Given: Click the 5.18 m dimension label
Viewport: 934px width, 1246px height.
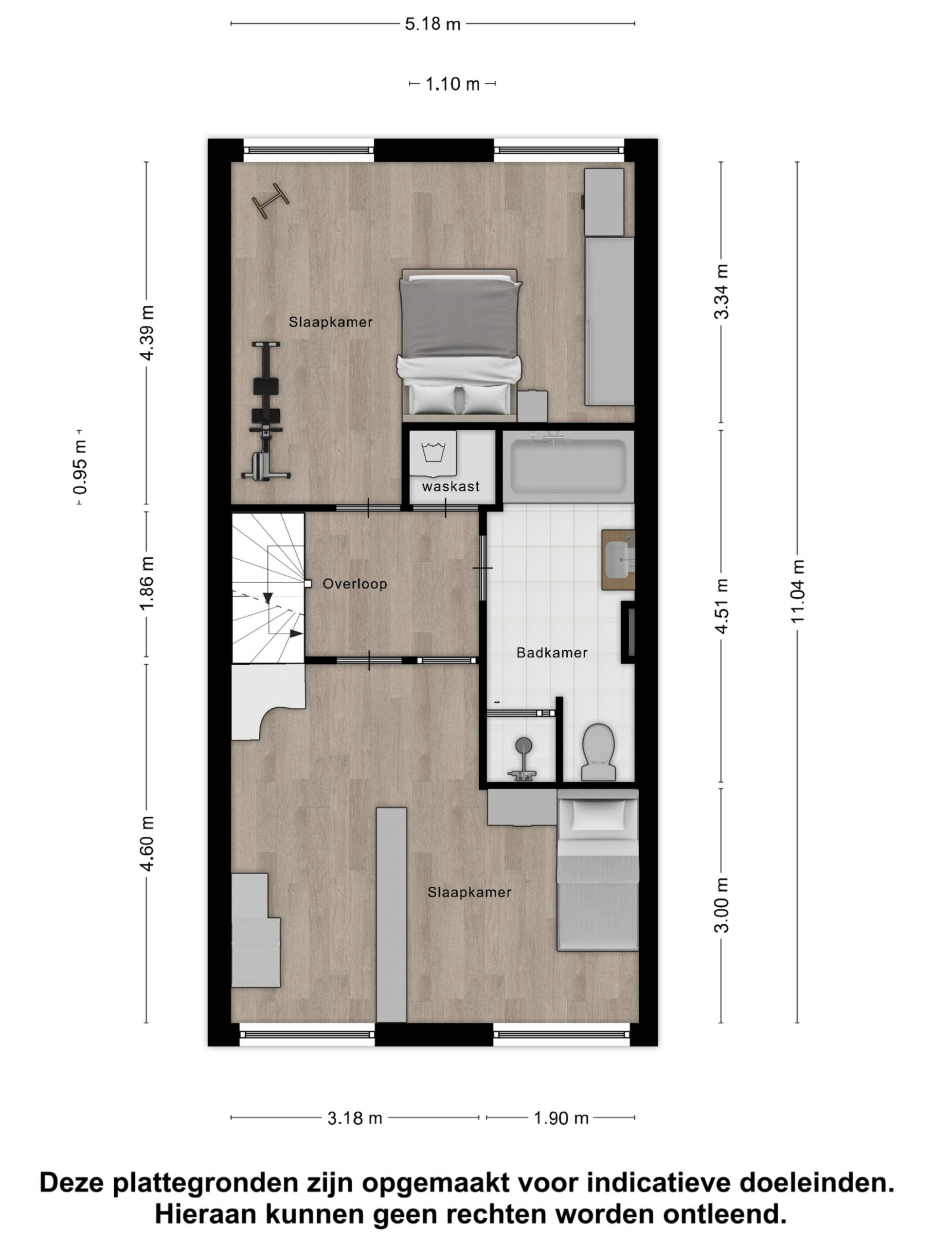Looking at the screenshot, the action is (x=432, y=24).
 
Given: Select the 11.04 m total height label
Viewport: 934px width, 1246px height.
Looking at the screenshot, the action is (x=798, y=591).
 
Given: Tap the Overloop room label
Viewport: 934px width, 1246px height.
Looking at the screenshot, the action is (x=355, y=584).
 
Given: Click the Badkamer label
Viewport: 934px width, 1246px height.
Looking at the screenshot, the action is (x=552, y=653).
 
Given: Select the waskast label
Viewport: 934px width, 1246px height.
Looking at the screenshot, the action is (x=450, y=486).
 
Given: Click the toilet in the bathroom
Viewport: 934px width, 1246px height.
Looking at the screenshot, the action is (x=597, y=751).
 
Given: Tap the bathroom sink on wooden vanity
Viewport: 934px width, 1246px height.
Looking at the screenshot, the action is (x=619, y=559).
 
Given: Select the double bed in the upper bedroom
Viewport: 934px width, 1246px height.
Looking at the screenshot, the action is (x=459, y=345).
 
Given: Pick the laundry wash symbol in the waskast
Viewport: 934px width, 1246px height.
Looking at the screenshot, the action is (x=433, y=452).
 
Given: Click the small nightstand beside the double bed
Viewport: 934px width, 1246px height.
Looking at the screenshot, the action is (x=533, y=406).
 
